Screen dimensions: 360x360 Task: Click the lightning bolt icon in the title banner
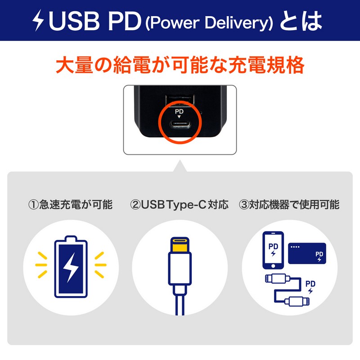pos(38,20)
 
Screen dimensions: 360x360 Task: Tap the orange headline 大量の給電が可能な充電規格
pos(180,64)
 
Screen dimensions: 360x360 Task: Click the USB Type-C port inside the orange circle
pos(180,124)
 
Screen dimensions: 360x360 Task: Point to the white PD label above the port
pos(179,112)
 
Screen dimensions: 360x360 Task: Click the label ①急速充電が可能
pos(71,204)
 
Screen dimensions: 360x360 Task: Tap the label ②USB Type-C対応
pos(179,205)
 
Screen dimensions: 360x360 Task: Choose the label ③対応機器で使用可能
pos(289,204)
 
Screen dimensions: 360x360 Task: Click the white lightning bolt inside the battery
pos(71,267)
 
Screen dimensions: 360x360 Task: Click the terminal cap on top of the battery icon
pos(71,238)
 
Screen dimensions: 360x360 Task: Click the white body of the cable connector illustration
pos(180,269)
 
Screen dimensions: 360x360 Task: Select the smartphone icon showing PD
pos(273,250)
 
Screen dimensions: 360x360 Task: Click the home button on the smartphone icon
pos(273,266)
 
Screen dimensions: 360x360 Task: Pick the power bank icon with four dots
pos(307,253)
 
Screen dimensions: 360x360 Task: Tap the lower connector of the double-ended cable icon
pos(297,301)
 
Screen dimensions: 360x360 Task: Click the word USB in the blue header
pos(74,21)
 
